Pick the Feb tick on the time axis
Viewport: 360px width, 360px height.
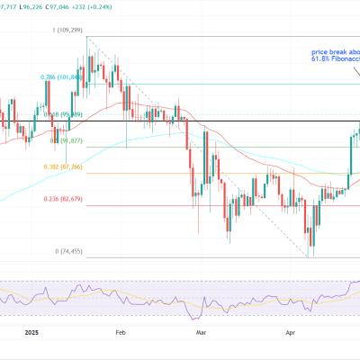[x=120, y=331]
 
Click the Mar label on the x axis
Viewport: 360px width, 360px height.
[x=202, y=331]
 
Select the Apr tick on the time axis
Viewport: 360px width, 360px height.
[x=291, y=331]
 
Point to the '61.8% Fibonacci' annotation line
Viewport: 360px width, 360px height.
[x=331, y=61]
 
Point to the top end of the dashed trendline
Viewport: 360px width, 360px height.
[x=86, y=37]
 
